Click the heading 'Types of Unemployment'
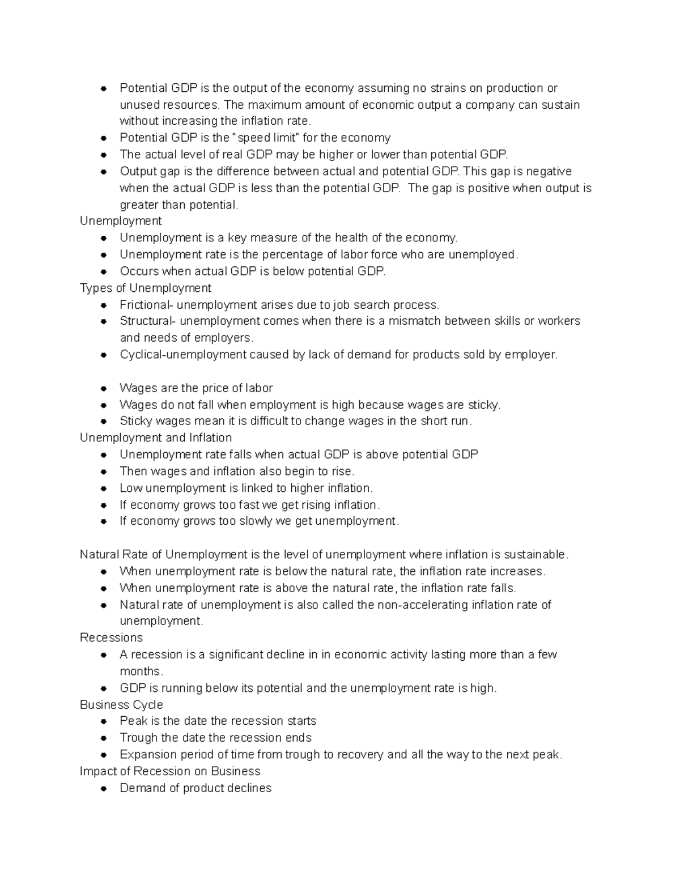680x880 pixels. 146,288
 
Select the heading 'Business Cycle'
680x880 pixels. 121,704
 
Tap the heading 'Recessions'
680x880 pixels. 111,637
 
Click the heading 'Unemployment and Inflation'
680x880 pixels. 156,437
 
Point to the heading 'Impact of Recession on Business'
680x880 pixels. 170,771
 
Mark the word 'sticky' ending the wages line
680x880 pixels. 483,405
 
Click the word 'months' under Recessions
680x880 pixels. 140,671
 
